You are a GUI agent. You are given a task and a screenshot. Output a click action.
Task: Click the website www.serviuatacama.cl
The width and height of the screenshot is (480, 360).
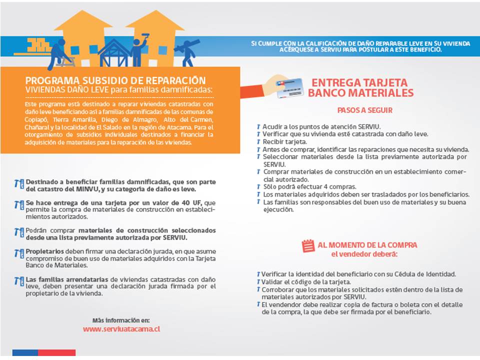121,329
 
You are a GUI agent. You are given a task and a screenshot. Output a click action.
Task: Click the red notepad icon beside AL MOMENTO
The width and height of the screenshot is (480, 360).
308,245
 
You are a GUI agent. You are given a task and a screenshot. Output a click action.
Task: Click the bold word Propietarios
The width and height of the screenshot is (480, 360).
45,251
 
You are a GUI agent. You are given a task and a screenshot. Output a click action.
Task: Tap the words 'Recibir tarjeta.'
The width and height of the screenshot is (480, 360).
285,141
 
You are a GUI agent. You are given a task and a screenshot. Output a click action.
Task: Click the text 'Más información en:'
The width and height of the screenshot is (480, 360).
120,320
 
